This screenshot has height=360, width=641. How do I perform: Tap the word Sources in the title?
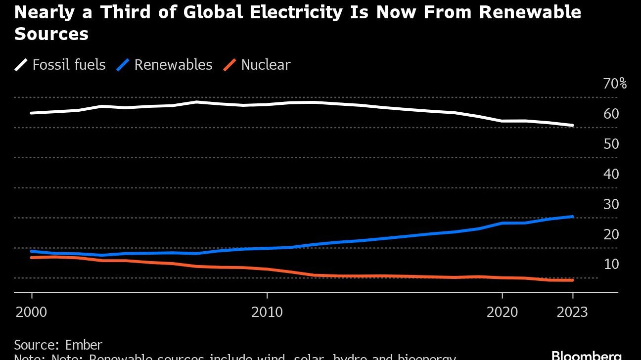51,34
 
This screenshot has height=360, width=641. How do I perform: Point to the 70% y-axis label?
615,84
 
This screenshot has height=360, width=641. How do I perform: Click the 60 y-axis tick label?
611,114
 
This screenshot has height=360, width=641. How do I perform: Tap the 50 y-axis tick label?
611,144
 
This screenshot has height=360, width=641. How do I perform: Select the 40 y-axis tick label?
611,174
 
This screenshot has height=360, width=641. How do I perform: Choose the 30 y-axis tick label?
611,204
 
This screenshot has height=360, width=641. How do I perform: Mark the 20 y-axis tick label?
611,234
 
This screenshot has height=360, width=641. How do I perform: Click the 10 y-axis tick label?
611,265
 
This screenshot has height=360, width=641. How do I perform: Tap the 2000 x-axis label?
32,313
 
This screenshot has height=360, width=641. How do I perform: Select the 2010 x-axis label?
267,313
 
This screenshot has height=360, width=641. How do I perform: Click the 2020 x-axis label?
502,313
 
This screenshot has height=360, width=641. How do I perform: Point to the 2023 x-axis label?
572,313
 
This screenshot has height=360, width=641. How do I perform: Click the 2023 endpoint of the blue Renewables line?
572,217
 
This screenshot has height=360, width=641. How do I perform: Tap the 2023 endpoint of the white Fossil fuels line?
572,126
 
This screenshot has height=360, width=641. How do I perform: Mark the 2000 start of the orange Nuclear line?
32,257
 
